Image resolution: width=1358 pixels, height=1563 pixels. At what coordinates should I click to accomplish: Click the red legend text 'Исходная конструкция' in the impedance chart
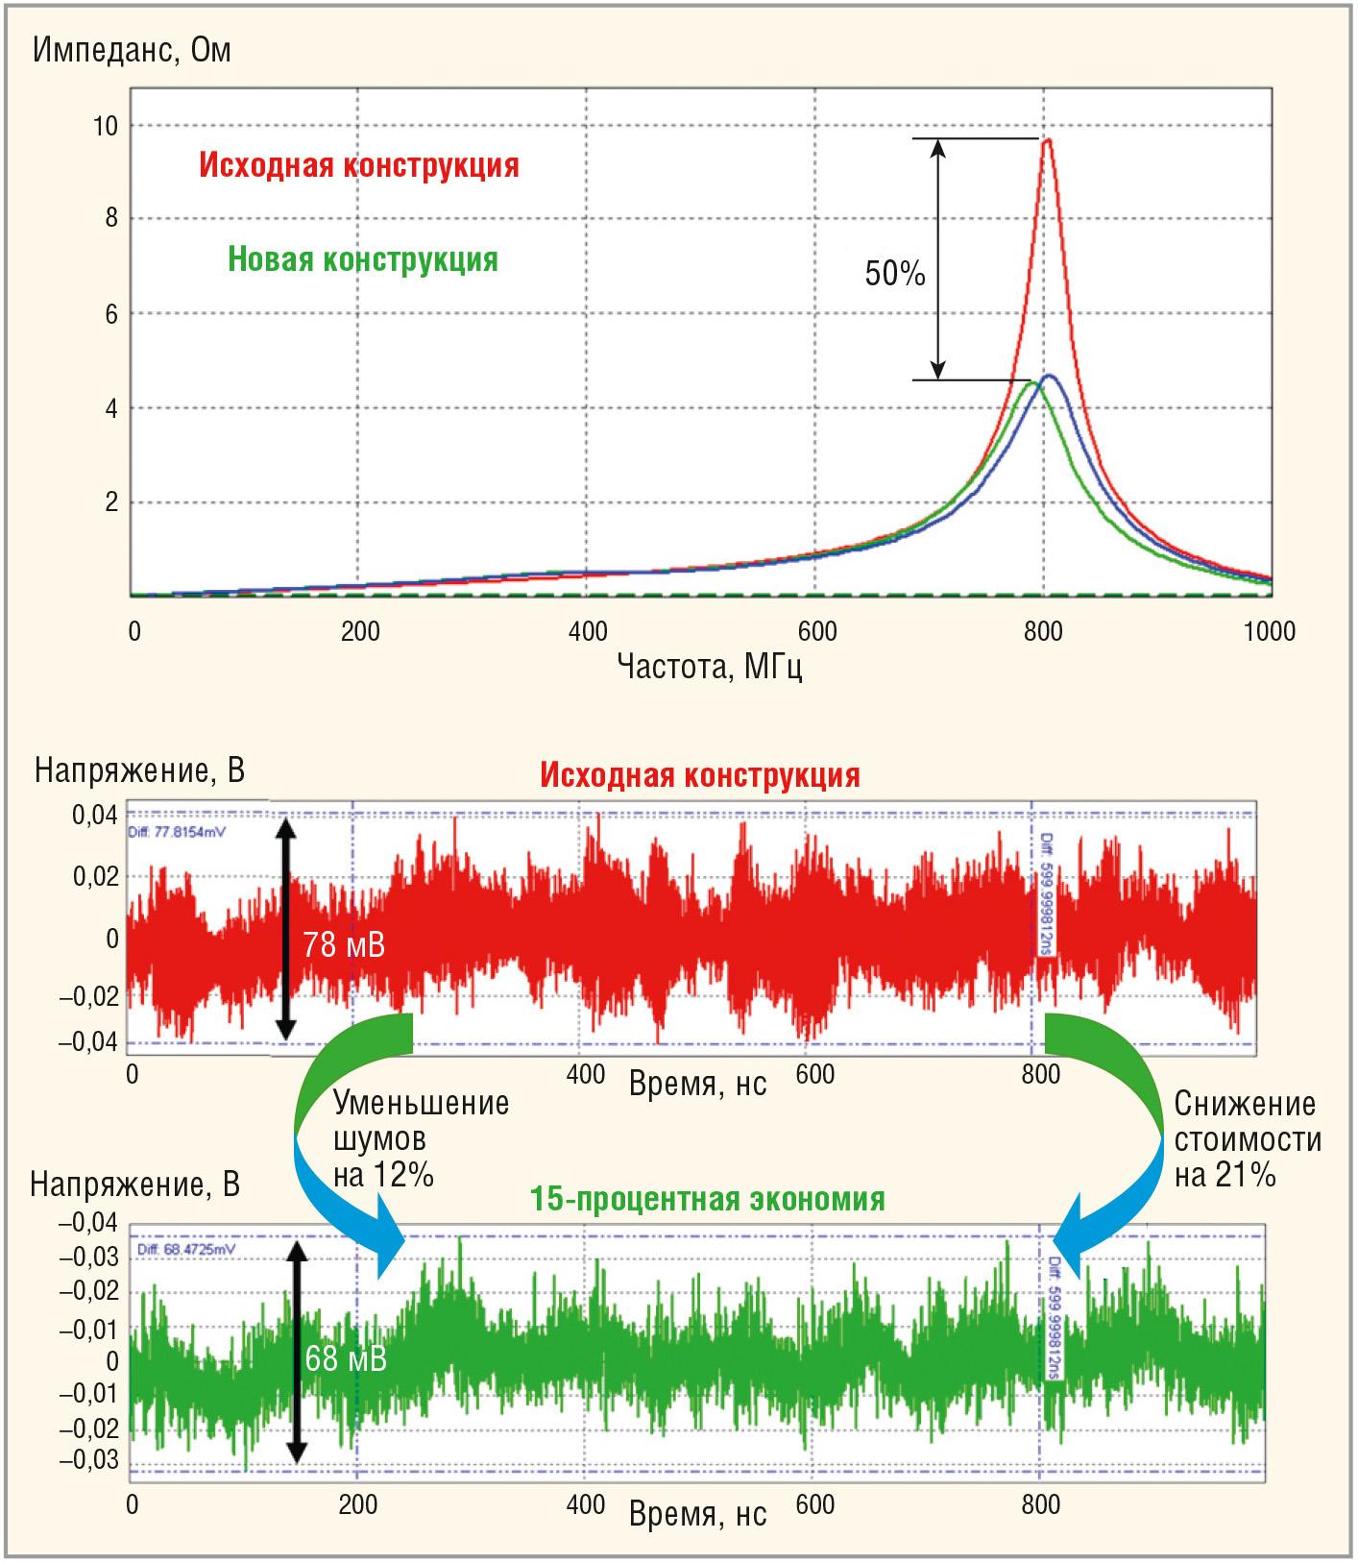[x=358, y=165]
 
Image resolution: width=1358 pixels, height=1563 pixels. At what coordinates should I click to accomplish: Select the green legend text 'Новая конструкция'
[x=362, y=259]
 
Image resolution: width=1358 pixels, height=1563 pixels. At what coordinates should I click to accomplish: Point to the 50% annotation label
[x=894, y=274]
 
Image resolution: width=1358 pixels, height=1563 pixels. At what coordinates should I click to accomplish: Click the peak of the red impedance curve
[x=1047, y=141]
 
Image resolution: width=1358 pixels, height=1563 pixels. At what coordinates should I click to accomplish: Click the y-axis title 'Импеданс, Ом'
[x=132, y=50]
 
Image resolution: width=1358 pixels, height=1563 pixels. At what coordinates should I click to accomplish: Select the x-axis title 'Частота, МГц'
[x=709, y=666]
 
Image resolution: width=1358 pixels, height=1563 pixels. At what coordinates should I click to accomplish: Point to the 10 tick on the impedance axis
[x=105, y=126]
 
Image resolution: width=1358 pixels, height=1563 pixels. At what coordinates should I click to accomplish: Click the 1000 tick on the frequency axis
[x=1269, y=631]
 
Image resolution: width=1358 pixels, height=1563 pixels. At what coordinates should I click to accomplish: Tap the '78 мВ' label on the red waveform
[x=344, y=945]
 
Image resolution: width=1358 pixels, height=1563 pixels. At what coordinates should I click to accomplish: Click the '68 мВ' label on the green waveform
[x=346, y=1358]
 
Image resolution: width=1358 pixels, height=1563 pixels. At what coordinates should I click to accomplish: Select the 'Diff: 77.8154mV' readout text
[x=177, y=832]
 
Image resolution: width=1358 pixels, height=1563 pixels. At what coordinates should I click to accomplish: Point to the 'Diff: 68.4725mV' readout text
[x=186, y=1249]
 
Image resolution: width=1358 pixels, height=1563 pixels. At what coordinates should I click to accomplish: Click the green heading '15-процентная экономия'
[x=707, y=1199]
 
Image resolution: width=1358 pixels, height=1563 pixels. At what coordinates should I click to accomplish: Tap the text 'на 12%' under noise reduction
[x=383, y=1175]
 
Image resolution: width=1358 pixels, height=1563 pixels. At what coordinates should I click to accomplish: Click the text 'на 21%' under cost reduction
[x=1225, y=1175]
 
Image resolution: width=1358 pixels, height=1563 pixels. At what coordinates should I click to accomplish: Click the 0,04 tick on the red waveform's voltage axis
[x=94, y=816]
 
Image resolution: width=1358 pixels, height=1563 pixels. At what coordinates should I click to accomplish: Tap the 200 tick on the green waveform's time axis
[x=357, y=1504]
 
